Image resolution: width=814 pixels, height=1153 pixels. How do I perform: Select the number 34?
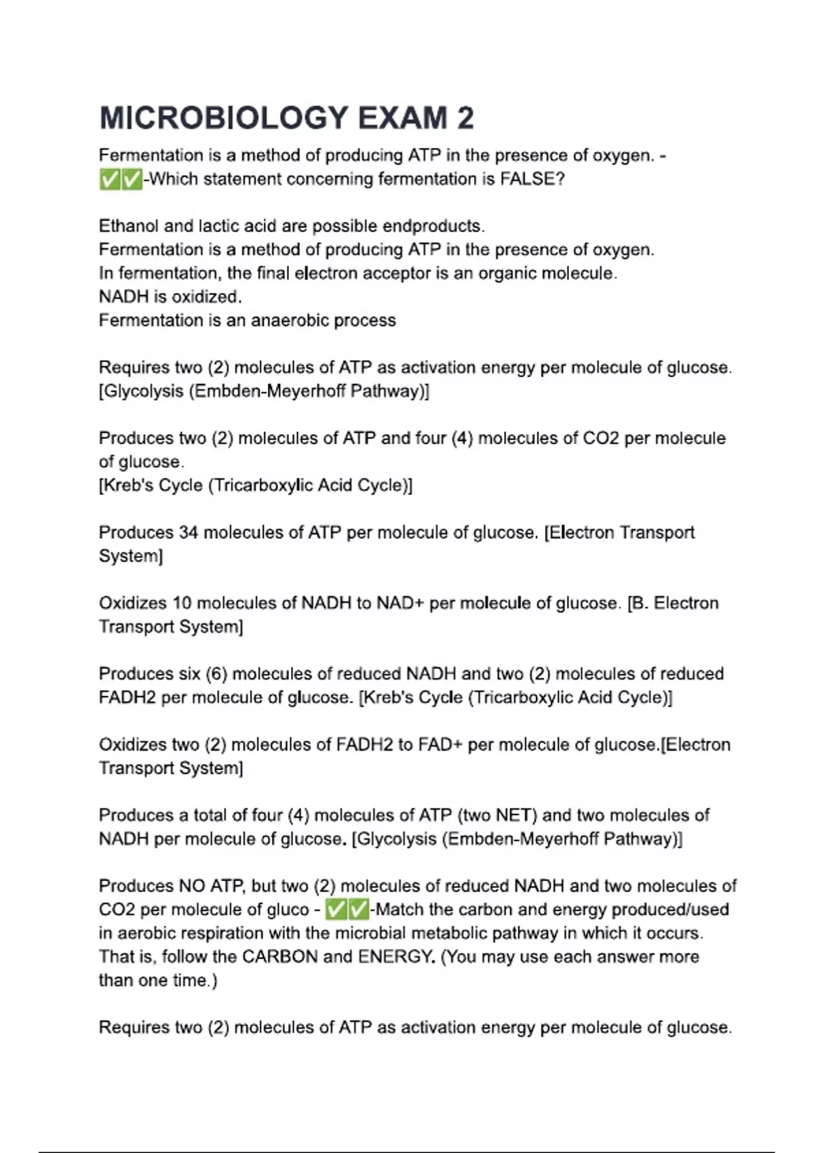[188, 532]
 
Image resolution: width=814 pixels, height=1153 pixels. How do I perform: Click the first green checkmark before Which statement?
[109, 180]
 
